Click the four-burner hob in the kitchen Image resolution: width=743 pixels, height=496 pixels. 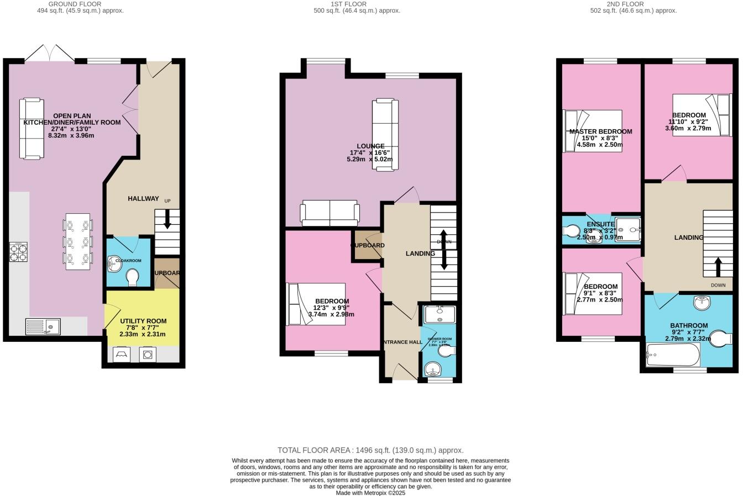click(18, 252)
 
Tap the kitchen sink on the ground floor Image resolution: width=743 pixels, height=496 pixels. click(43, 326)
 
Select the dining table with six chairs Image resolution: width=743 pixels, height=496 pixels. click(77, 241)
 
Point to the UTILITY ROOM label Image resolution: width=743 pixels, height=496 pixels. click(143, 321)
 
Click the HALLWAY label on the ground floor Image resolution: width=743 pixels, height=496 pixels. click(143, 198)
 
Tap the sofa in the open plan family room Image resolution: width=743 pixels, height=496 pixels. click(32, 128)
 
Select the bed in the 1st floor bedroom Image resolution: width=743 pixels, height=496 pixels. click(316, 304)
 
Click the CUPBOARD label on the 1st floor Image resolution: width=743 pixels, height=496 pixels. click(368, 245)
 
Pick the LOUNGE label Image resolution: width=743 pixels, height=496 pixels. click(370, 146)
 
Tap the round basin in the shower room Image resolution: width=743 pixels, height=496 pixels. click(431, 368)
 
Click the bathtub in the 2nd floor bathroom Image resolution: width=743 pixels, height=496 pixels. click(673, 355)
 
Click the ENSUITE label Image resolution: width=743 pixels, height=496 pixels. click(600, 224)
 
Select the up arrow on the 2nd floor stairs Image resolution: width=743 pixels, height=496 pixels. click(718, 267)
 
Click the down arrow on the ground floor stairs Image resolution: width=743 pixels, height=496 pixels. click(167, 220)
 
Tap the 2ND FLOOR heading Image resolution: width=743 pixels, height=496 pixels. click(625, 4)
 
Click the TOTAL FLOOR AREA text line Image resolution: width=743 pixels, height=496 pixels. click(370, 450)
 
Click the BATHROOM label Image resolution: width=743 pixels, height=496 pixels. click(689, 325)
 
